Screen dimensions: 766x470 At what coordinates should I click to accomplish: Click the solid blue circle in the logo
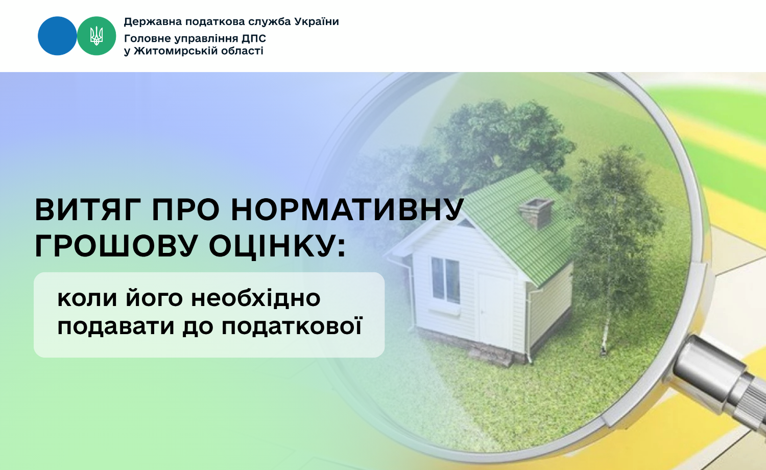pyautogui.click(x=57, y=36)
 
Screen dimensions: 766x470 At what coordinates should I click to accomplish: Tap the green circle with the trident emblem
pyautogui.click(x=97, y=36)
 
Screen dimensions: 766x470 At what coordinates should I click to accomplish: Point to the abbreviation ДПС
pyautogui.click(x=254, y=38)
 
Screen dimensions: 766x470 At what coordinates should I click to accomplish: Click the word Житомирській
pyautogui.click(x=176, y=51)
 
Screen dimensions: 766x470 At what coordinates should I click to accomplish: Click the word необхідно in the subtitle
pyautogui.click(x=255, y=298)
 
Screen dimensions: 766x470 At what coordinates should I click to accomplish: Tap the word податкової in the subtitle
pyautogui.click(x=292, y=327)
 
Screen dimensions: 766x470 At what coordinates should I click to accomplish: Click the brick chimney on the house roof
pyautogui.click(x=536, y=213)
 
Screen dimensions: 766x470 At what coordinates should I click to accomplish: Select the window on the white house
pyautogui.click(x=446, y=280)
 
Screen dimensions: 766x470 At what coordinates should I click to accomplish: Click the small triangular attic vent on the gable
pyautogui.click(x=466, y=223)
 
